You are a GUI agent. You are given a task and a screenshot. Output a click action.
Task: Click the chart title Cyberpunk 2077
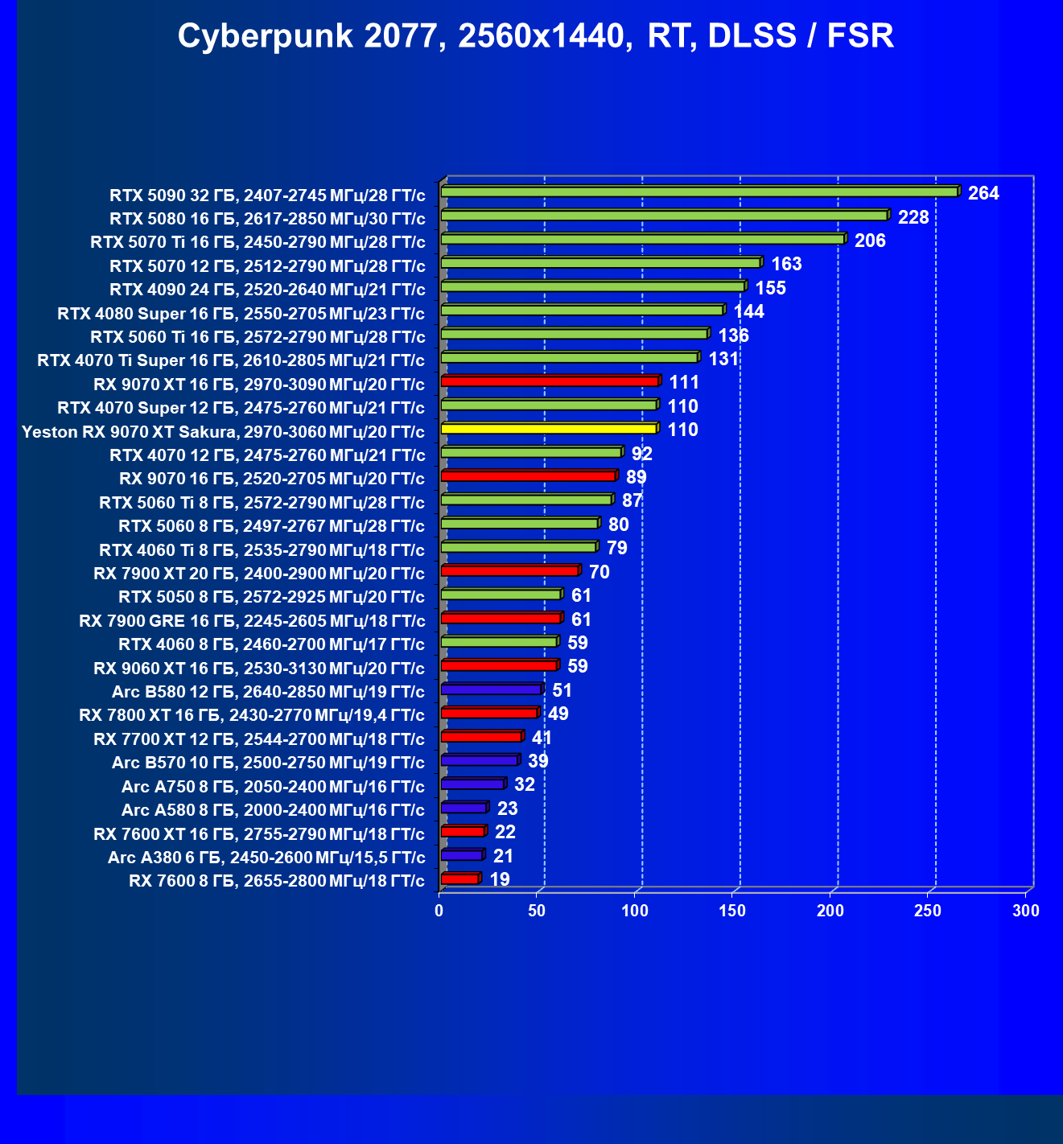(x=535, y=36)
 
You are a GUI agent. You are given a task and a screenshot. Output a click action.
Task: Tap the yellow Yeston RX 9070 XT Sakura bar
(x=549, y=429)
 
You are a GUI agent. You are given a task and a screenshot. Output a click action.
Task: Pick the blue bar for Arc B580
(x=491, y=689)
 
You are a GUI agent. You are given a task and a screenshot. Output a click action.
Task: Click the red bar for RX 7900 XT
(x=509, y=571)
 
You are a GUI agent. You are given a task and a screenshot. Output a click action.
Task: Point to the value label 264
(x=983, y=193)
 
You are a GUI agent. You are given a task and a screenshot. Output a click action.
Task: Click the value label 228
(x=913, y=217)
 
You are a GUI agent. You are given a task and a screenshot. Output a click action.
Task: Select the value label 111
(x=684, y=383)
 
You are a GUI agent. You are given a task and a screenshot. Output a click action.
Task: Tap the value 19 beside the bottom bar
(x=500, y=879)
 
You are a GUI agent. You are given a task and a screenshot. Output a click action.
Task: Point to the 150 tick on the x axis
(x=732, y=911)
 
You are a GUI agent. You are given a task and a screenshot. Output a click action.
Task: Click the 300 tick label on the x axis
(x=1026, y=911)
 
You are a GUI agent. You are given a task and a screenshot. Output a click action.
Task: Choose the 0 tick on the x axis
(x=439, y=911)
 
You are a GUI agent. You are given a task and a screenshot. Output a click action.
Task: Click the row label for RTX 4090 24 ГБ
(x=267, y=290)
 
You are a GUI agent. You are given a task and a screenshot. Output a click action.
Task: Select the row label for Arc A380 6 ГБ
(x=266, y=858)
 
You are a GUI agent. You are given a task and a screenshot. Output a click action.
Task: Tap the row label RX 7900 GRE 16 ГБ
(x=252, y=621)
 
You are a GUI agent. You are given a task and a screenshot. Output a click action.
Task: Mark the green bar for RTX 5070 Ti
(x=642, y=240)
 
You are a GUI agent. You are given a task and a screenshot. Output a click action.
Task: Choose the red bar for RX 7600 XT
(x=463, y=831)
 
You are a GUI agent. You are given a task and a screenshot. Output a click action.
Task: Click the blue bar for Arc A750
(x=472, y=784)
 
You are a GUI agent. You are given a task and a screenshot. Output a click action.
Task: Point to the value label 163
(x=786, y=265)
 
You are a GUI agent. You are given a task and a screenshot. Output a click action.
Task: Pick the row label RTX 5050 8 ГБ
(x=271, y=597)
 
